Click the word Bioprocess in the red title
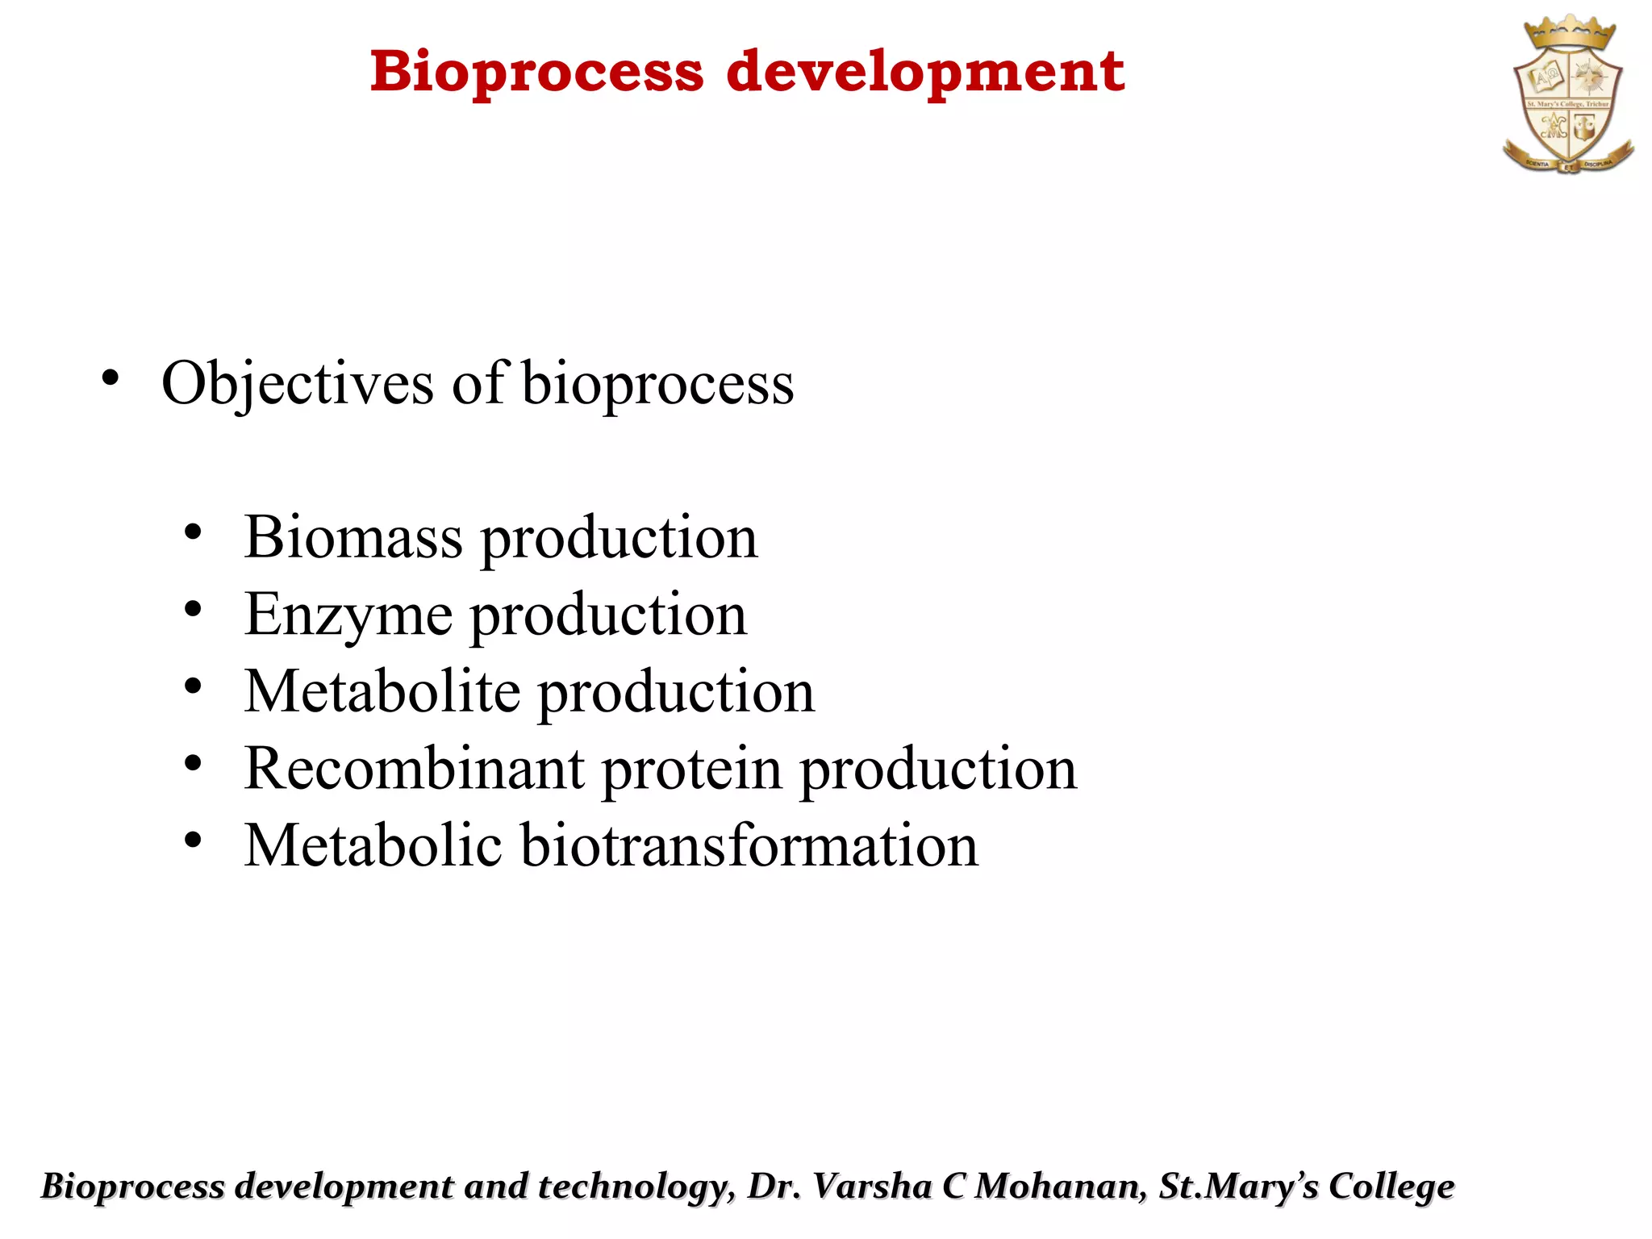536,73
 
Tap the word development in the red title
925,73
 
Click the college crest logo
1568,97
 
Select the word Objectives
298,383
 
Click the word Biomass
353,537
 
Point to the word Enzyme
348,615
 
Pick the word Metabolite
382,692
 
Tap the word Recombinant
415,769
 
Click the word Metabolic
373,845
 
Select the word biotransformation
749,845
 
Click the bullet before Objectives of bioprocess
111,378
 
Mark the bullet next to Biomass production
192,532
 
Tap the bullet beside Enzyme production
192,610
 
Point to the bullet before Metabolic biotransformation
192,841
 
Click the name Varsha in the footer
872,1187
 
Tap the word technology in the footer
636,1187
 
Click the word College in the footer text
1391,1187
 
